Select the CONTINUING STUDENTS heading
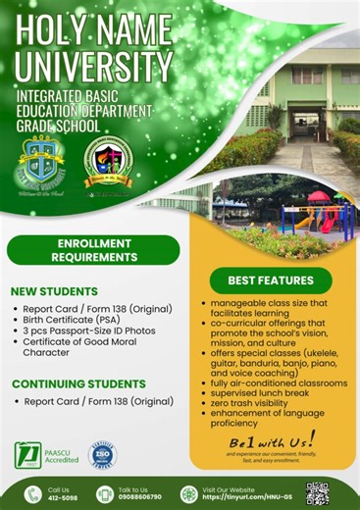coord(77,383)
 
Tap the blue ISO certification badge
coord(103,455)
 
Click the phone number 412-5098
coord(59,496)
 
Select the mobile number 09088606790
coord(139,496)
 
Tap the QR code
coord(317,491)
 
